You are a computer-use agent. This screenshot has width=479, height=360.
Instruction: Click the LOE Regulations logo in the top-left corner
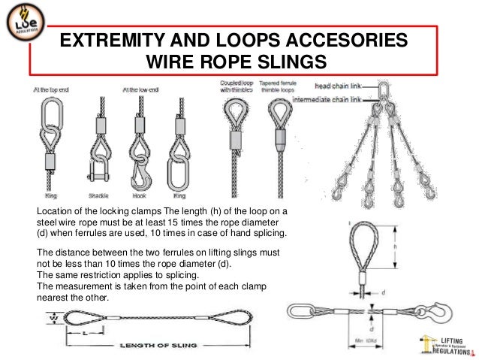point(22,28)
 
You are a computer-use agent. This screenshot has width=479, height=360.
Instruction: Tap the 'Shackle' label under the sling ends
point(98,194)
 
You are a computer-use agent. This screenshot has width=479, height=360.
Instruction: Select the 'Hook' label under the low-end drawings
point(138,194)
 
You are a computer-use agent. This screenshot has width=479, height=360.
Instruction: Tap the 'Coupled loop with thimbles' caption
point(236,86)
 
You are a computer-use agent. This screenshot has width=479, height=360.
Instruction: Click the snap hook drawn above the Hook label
point(138,169)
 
